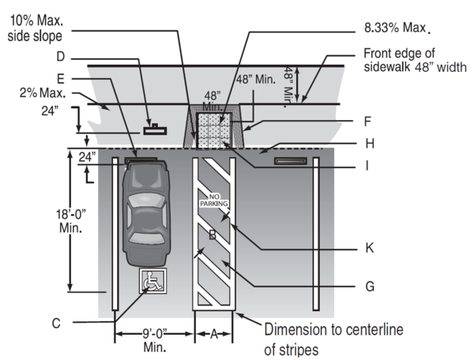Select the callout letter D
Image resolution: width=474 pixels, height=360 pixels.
pyautogui.click(x=60, y=57)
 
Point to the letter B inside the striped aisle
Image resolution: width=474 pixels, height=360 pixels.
pyautogui.click(x=212, y=234)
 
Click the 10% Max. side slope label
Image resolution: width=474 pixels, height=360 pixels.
pyautogui.click(x=36, y=26)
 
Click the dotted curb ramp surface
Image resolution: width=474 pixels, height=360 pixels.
pyautogui.click(x=215, y=129)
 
